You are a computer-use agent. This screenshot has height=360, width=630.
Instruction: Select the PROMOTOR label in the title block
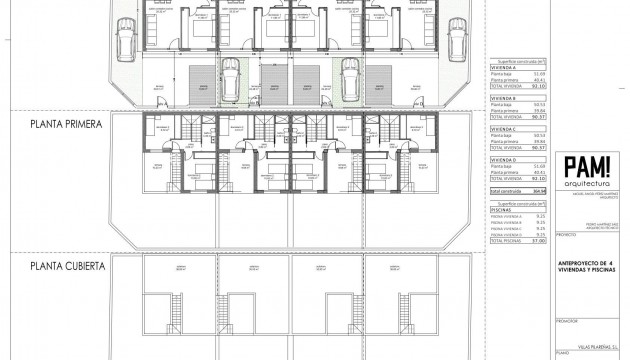566,322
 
